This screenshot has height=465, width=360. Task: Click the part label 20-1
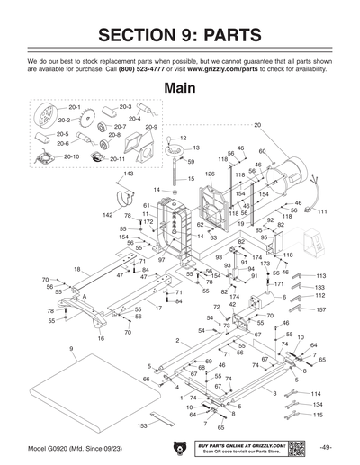tap(74, 107)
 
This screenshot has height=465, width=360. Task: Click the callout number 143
tap(129, 173)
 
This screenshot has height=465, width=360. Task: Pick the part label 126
tap(210, 173)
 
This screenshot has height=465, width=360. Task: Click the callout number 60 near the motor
tap(262, 151)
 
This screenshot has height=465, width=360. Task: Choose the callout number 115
tap(317, 415)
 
